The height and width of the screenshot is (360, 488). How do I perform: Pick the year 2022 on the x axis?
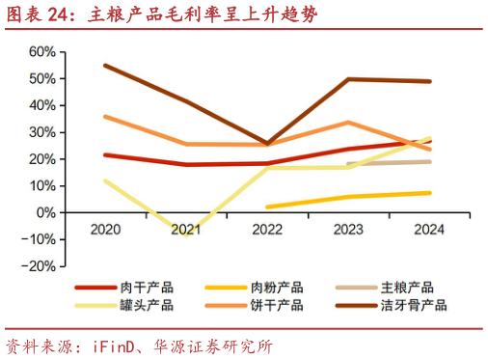pyautogui.click(x=267, y=230)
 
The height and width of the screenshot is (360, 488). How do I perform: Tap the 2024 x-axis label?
pyautogui.click(x=429, y=230)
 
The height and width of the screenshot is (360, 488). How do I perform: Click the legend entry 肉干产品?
pyautogui.click(x=147, y=288)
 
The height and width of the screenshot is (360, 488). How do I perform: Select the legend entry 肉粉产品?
pyautogui.click(x=277, y=288)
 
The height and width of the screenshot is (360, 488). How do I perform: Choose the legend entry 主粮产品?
pyautogui.click(x=407, y=288)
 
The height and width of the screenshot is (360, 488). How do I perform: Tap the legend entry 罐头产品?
pyautogui.click(x=147, y=305)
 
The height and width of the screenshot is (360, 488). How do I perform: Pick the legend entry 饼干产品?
pyautogui.click(x=277, y=305)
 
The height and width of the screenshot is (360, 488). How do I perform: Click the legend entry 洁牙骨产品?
pyautogui.click(x=414, y=305)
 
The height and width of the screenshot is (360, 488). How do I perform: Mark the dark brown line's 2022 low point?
pyautogui.click(x=267, y=143)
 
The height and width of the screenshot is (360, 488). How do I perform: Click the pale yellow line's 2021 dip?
pyautogui.click(x=185, y=234)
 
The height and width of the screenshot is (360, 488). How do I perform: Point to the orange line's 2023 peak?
pyautogui.click(x=348, y=123)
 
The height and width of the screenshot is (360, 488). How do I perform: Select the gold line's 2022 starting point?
pyautogui.click(x=267, y=207)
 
